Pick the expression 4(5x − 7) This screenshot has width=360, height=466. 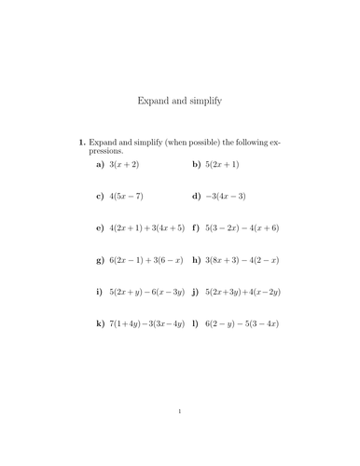(x=127, y=196)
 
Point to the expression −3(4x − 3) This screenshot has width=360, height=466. (x=227, y=196)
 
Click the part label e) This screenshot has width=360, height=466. (x=100, y=227)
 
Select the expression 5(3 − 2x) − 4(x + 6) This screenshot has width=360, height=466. (x=242, y=227)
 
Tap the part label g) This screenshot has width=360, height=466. (x=100, y=259)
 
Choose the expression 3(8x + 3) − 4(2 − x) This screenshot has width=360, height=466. (x=242, y=259)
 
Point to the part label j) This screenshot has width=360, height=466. (x=196, y=292)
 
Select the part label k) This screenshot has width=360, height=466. (x=100, y=323)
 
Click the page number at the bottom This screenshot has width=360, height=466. (x=180, y=411)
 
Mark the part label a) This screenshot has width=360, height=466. (x=100, y=164)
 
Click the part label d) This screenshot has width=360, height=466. (x=196, y=196)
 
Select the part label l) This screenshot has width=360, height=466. (x=195, y=323)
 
